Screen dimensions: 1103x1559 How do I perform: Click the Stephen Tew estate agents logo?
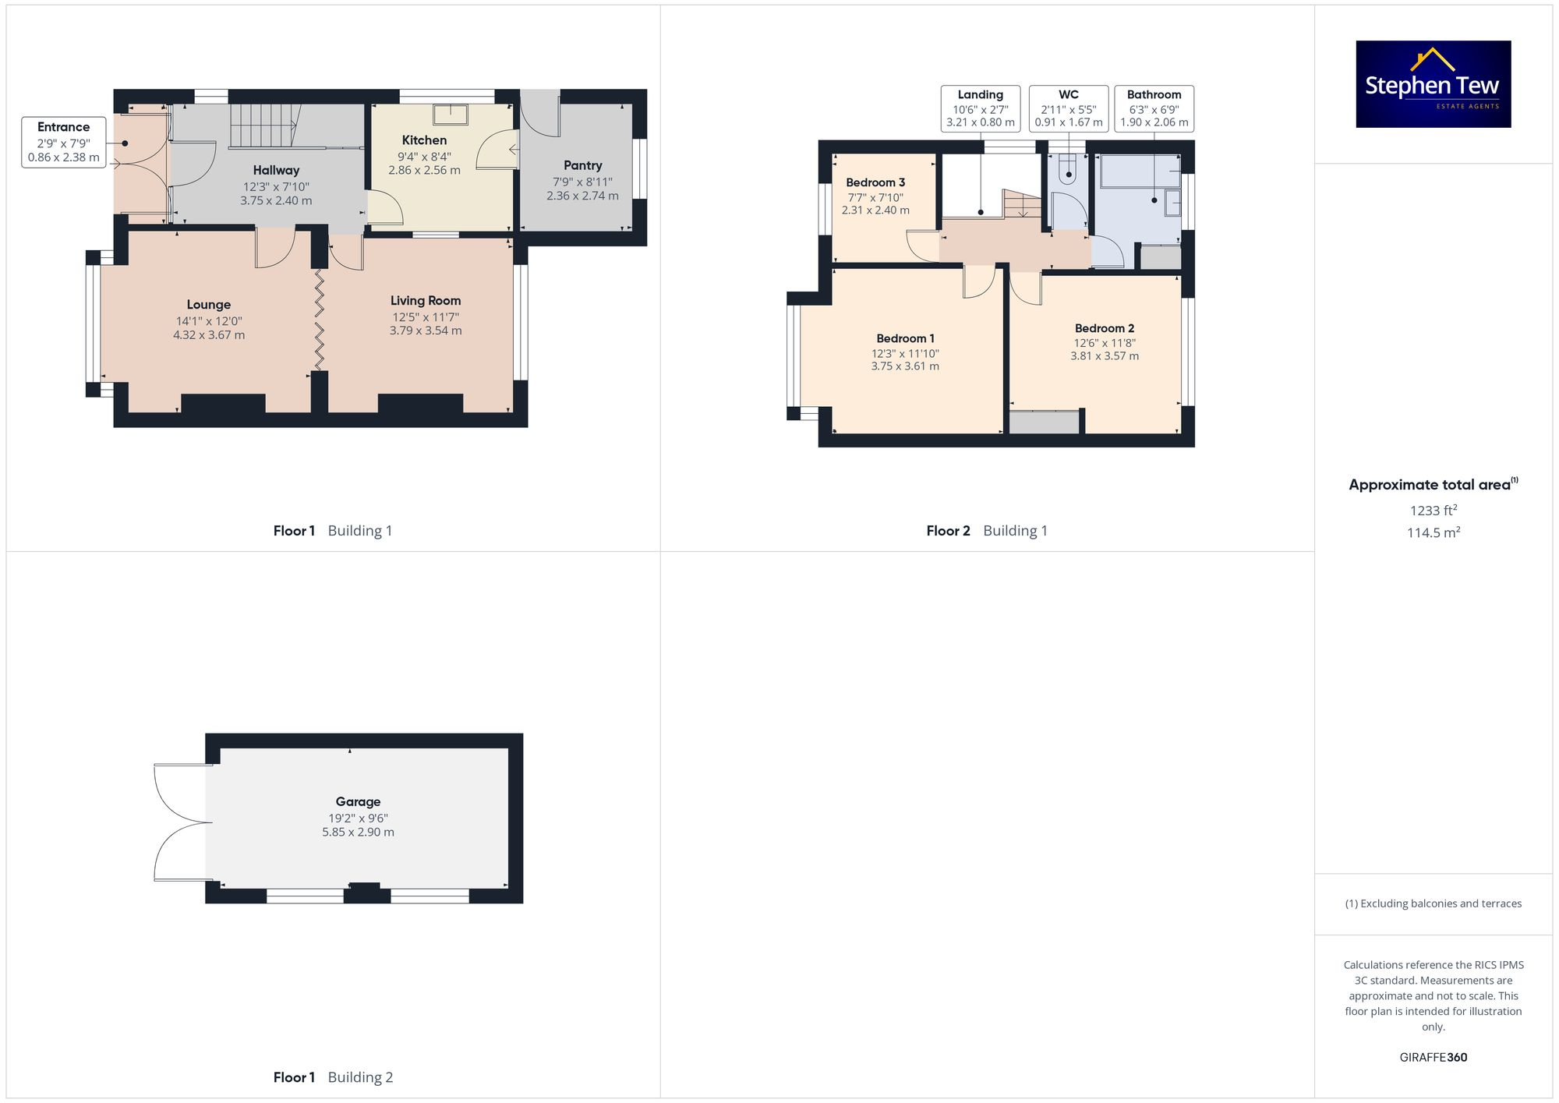(1433, 84)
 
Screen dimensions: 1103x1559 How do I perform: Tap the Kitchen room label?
(424, 140)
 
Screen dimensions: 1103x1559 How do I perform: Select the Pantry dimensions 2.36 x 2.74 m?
(582, 196)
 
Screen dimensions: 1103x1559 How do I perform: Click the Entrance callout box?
(63, 142)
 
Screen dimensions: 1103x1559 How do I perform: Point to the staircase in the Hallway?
(264, 126)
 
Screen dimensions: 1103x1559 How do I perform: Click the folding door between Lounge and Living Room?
(320, 320)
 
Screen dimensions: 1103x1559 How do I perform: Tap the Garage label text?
(358, 801)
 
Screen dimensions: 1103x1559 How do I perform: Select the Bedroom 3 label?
(875, 182)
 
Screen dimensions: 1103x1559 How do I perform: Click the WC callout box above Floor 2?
(1068, 108)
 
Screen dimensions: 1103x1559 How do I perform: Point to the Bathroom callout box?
(1154, 108)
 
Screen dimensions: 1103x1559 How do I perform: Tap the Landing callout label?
(980, 95)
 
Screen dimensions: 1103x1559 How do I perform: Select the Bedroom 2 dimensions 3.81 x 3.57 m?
(1104, 356)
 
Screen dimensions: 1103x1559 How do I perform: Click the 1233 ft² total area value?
(1433, 511)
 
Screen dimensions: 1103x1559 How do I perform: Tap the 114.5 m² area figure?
(1433, 532)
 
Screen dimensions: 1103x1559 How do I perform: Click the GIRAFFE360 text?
(1433, 1057)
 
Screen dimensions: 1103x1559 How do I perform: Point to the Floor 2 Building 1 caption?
(986, 531)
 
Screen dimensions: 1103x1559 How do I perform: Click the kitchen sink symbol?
(451, 115)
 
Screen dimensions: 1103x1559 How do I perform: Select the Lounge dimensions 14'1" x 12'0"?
(209, 321)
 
